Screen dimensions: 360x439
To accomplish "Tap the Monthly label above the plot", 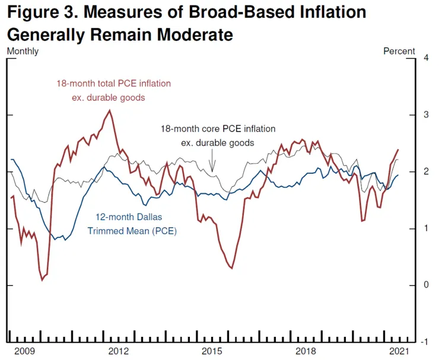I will pos(23,51).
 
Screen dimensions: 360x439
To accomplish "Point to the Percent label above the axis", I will pos(399,51).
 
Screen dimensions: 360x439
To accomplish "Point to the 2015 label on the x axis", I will pos(212,351).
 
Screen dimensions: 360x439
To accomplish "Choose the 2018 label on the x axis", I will pos(306,351).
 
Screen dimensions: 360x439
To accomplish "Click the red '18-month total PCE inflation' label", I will pos(113,84).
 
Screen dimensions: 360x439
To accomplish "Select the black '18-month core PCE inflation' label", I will pos(218,129).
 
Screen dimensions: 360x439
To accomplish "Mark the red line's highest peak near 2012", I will pos(109,110).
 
